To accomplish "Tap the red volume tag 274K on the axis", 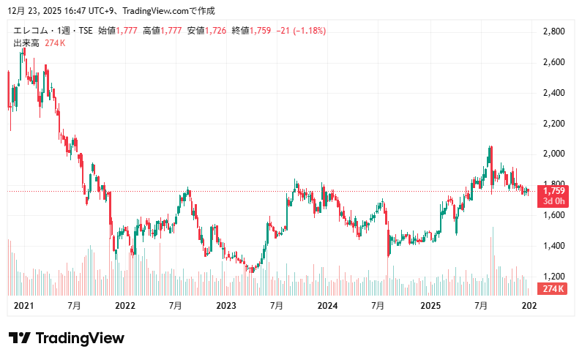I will point(553,289).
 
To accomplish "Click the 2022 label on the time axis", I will point(125,306).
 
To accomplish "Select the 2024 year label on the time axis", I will point(327,306).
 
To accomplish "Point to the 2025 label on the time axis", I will point(429,306).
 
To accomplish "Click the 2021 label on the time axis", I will point(24,306).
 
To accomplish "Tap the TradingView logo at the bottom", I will point(66,338).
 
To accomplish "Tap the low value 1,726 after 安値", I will point(217,31).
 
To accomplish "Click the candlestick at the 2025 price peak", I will point(490,154).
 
